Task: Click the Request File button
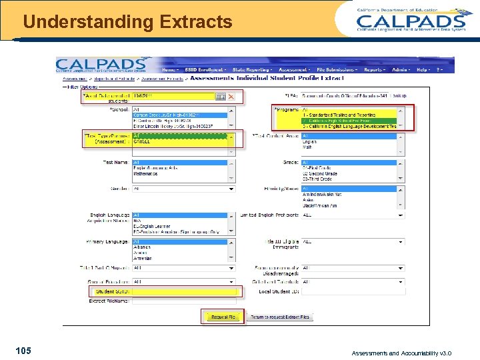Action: pos(223,317)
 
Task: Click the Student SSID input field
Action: pos(184,291)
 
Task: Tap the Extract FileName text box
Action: pos(184,301)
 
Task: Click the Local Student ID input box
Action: pos(353,291)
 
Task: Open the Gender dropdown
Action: pos(184,189)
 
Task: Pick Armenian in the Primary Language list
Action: pos(143,258)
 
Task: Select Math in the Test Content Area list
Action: pos(309,147)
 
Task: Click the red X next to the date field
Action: pos(231,97)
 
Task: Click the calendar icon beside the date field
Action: pos(220,97)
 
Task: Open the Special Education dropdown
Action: pos(184,281)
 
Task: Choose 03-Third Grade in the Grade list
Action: pos(320,179)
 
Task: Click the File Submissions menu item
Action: pos(337,69)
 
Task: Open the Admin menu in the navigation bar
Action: pos(401,69)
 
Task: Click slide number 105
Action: pos(23,351)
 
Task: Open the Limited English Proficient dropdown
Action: pos(353,215)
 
